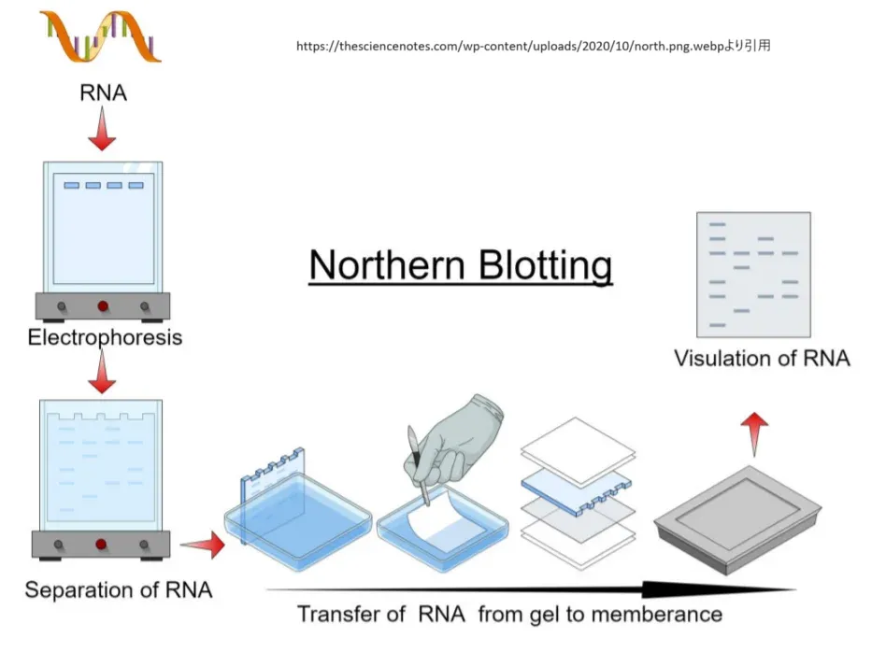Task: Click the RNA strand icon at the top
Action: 101,37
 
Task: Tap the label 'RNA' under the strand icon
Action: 103,92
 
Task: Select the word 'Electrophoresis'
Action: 105,337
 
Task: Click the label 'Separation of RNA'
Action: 118,589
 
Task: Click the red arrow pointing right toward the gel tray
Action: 202,544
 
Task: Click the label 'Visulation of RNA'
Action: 762,358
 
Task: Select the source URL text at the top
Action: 534,45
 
